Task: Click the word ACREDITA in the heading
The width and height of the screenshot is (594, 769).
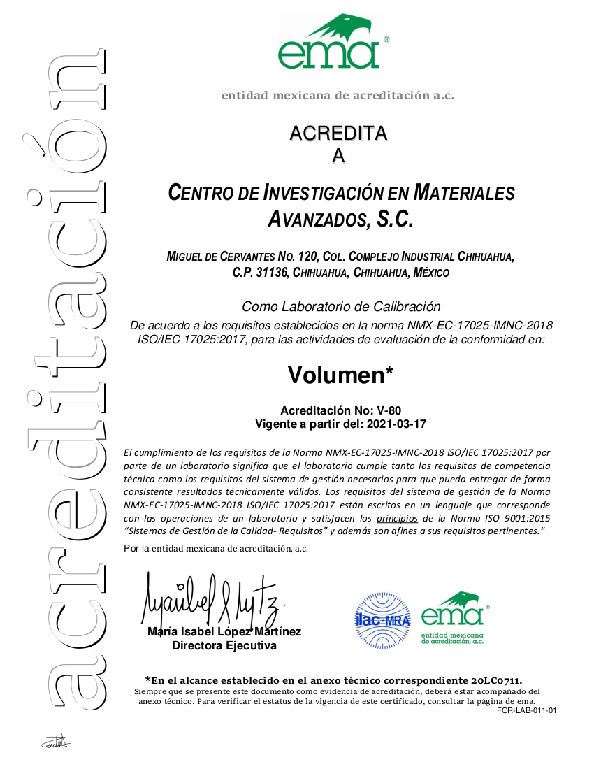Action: point(338,133)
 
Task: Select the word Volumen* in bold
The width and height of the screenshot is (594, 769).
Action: point(340,375)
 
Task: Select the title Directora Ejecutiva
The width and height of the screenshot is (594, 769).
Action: point(224,645)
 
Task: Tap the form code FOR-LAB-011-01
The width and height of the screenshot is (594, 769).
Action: point(527,711)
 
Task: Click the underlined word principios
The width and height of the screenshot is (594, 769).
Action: point(397,519)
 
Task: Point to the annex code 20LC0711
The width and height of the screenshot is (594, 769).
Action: point(495,680)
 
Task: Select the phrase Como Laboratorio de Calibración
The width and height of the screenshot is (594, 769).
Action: point(341,306)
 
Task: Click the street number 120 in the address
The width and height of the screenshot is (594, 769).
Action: point(306,257)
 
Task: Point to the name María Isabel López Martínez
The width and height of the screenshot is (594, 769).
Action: point(224,632)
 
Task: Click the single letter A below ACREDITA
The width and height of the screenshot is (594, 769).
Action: point(338,157)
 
